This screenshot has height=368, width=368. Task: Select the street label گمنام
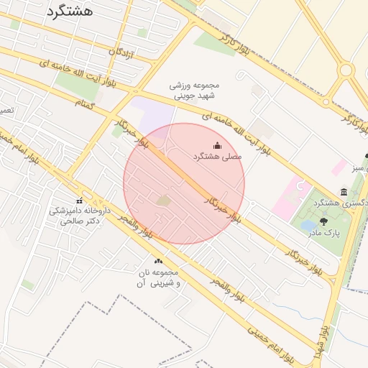[85, 105]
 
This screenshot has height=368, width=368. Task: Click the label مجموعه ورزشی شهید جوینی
[193, 90]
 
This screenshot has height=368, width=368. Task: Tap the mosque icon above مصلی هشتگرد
[218, 145]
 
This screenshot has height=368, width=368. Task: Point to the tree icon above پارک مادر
[323, 222]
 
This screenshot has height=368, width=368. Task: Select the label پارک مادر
[323, 233]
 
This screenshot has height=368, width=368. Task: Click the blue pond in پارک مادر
[308, 226]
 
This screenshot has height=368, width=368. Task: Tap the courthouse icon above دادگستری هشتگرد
[344, 193]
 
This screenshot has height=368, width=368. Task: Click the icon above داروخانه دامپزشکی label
[79, 201]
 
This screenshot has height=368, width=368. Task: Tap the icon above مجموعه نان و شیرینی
[158, 261]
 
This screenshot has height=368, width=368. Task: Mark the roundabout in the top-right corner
[346, 70]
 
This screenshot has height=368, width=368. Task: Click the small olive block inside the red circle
[164, 201]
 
